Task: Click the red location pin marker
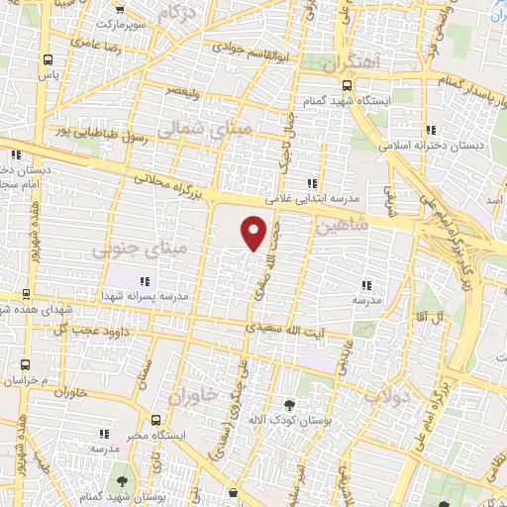[x=254, y=233]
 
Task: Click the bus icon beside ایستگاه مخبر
[x=154, y=419]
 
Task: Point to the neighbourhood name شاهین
[x=342, y=226]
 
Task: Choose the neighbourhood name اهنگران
[x=351, y=62]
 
